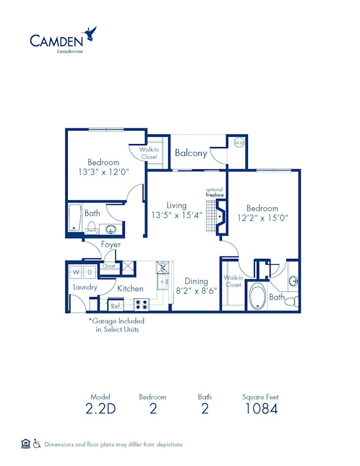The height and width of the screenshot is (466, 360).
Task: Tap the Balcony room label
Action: pyautogui.click(x=191, y=153)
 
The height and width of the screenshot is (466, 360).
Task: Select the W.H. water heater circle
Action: pyautogui.click(x=239, y=144)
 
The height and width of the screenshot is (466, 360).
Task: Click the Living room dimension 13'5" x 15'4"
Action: pyautogui.click(x=176, y=215)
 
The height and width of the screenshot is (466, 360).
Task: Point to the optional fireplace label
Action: pyautogui.click(x=214, y=192)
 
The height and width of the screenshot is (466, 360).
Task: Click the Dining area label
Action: pyautogui.click(x=196, y=281)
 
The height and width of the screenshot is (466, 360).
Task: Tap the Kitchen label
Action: pyautogui.click(x=130, y=289)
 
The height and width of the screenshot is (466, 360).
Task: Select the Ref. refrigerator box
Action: pyautogui.click(x=116, y=305)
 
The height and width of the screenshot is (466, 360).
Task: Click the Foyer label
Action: pyautogui.click(x=110, y=244)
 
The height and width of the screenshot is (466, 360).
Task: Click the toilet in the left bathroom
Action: pyautogui.click(x=92, y=227)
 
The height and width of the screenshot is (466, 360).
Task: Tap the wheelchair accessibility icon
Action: pyautogui.click(x=37, y=444)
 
